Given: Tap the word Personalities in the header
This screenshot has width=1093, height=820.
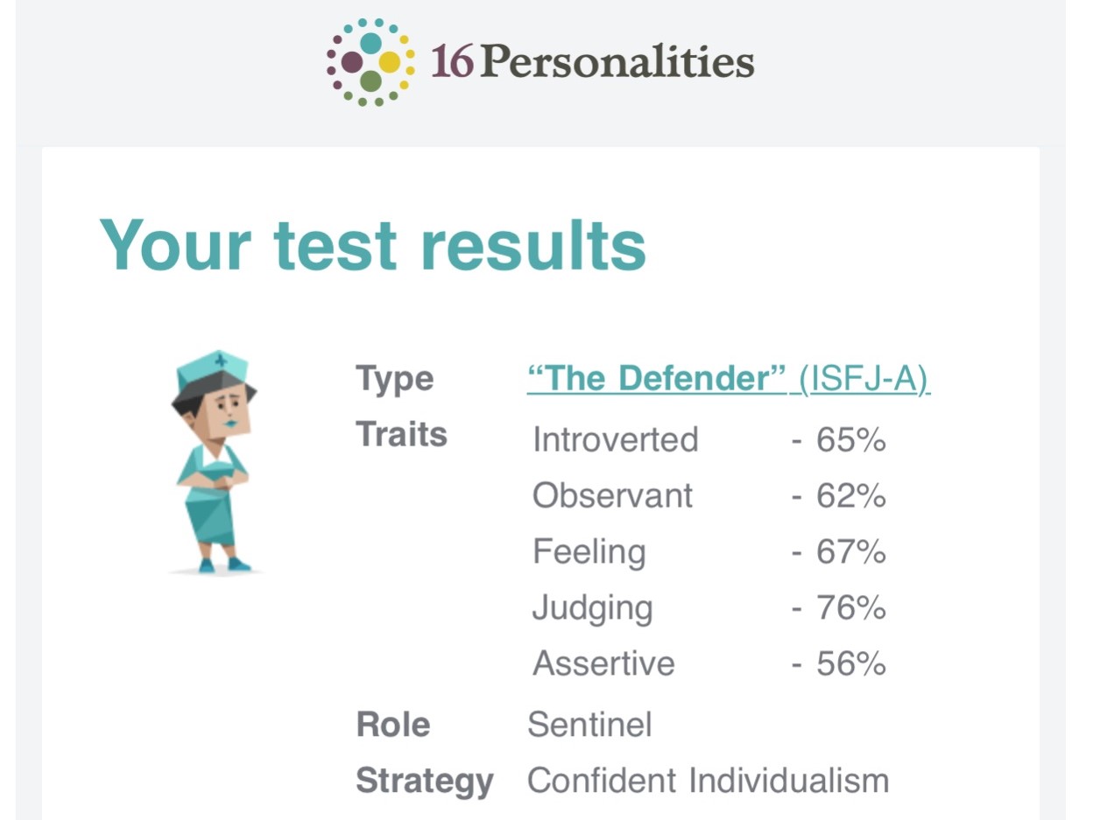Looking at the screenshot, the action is point(617,62).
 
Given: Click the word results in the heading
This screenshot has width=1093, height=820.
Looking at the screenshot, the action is point(533,246).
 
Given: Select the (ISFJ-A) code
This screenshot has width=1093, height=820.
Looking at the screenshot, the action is point(864,379).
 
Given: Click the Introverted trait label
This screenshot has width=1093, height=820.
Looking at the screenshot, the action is point(616,439).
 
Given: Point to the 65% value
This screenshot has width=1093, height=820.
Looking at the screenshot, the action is point(851,440).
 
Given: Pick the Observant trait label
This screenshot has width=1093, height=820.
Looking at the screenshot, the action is point(612,495).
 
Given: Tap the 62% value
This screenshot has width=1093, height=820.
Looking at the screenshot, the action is point(851,495).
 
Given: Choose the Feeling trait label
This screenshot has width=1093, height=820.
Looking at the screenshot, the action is point(589,552).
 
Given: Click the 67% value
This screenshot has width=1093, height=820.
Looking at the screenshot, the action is point(851,552).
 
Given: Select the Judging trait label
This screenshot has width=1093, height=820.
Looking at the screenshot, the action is point(592,608).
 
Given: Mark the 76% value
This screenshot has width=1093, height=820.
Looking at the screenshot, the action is point(851,607).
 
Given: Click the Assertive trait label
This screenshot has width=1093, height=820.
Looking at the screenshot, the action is point(603,663).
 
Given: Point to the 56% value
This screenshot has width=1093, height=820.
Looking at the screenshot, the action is point(851,663).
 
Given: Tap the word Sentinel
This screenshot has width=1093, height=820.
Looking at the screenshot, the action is point(589,725).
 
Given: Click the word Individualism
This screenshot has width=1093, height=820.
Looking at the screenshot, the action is point(789,781).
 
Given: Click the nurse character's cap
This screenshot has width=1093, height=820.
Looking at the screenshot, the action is point(212,370).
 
